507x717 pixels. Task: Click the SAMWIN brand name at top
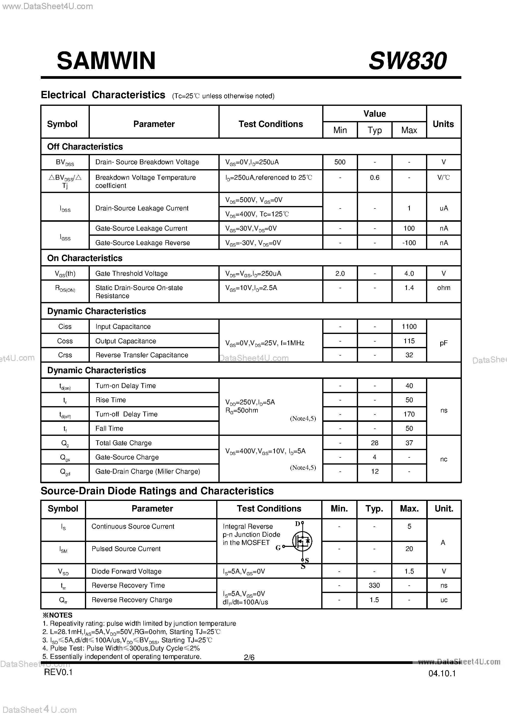[106, 61]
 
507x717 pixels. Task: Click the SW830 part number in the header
[407, 61]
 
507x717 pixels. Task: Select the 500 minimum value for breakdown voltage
[340, 162]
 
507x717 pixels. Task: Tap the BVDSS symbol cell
[65, 162]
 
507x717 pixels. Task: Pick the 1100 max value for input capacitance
[409, 327]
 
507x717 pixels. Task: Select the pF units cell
[444, 343]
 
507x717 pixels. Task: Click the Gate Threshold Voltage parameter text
[132, 274]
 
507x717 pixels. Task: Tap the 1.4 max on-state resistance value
[409, 288]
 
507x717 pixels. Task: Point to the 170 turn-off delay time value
[409, 414]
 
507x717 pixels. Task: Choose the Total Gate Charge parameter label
[123, 443]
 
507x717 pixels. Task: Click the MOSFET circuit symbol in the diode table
[302, 541]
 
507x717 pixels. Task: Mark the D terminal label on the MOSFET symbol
[297, 524]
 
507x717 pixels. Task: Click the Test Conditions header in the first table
[271, 124]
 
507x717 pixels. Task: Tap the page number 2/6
[249, 657]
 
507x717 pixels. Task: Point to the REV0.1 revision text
[58, 672]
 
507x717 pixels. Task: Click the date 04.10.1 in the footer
[442, 673]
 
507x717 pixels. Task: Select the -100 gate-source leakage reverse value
[409, 243]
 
